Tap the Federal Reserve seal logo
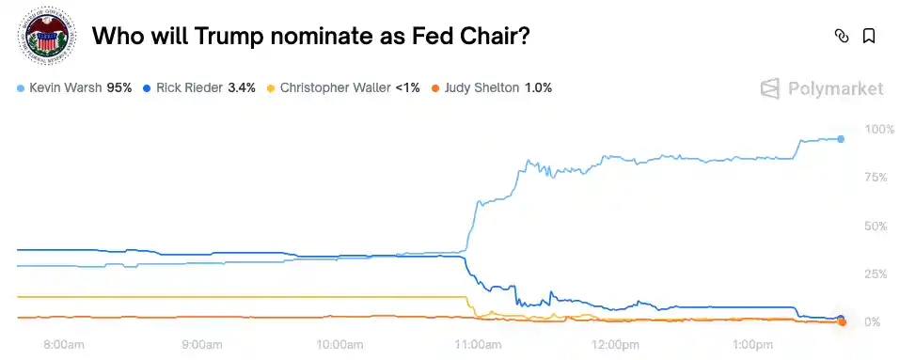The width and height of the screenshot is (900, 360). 45,37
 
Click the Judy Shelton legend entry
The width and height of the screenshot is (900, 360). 481,87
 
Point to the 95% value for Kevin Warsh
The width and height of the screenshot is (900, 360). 118,87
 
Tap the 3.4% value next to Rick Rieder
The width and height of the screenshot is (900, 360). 242,87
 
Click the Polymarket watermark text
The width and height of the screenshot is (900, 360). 835,88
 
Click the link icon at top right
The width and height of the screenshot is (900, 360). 842,37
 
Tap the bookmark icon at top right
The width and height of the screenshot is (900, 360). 869,37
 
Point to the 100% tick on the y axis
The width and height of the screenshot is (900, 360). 878,129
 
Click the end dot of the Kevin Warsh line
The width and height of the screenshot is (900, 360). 841,138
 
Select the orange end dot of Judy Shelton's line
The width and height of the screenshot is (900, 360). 842,322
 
